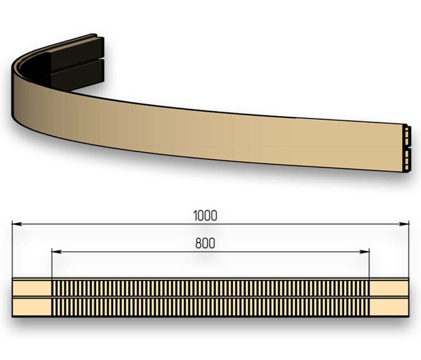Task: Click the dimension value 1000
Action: coord(205,216)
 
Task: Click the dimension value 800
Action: coord(205,243)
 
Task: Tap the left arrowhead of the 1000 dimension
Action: coord(17,224)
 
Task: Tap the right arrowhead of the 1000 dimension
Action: coord(404,224)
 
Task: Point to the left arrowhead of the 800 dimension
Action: coord(56,251)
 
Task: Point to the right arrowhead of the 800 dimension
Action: coord(364,251)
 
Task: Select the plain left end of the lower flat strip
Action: coord(32,307)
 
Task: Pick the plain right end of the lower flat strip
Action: coord(389,307)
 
